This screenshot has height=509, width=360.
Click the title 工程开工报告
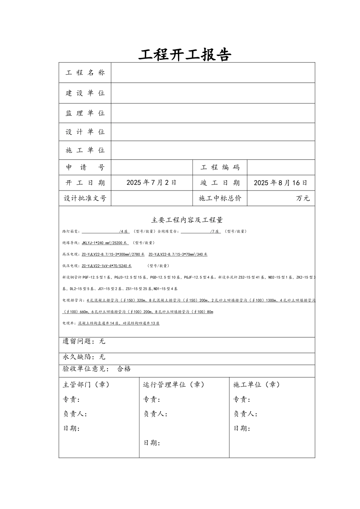click(x=185, y=55)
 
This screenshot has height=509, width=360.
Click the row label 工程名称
click(x=85, y=73)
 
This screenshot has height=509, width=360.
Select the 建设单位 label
click(x=85, y=93)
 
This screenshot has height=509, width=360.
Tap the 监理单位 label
click(x=85, y=113)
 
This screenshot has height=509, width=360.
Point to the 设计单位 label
click(x=85, y=132)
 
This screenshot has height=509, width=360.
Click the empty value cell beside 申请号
click(x=152, y=167)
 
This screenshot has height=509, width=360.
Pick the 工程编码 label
click(x=220, y=167)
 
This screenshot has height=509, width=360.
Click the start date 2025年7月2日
click(x=152, y=183)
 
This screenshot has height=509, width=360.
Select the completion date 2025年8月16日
click(x=280, y=183)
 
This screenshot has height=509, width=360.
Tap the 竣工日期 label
click(x=220, y=183)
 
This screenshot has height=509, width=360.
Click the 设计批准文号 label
click(x=85, y=198)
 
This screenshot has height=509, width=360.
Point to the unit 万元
click(x=303, y=198)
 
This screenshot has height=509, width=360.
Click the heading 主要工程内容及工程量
click(x=187, y=220)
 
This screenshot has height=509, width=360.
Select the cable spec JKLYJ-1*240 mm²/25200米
click(x=105, y=243)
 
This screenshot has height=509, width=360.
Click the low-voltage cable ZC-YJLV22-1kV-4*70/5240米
click(x=106, y=266)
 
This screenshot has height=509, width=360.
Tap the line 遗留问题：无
click(x=84, y=342)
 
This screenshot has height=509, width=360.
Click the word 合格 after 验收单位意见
click(x=124, y=369)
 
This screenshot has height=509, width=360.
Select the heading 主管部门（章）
click(x=86, y=385)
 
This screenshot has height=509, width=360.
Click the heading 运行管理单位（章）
click(x=174, y=385)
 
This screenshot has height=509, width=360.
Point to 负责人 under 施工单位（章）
click(x=245, y=414)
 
